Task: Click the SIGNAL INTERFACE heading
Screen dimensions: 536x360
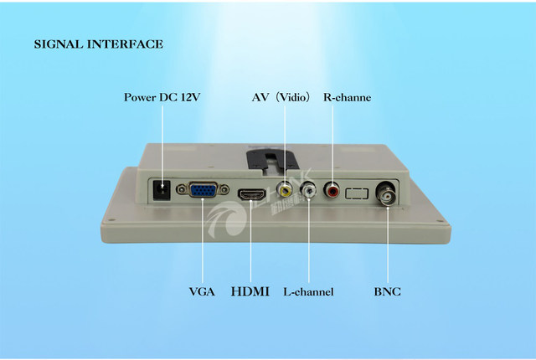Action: click(x=99, y=44)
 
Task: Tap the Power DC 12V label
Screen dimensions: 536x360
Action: click(x=162, y=97)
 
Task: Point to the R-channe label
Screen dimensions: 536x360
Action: click(x=347, y=97)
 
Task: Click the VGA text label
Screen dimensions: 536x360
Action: click(x=202, y=292)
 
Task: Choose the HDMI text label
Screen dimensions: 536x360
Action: click(x=250, y=292)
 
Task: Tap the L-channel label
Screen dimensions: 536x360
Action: click(x=308, y=292)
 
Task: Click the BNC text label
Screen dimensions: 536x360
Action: click(x=387, y=292)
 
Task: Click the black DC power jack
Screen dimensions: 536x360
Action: click(x=164, y=193)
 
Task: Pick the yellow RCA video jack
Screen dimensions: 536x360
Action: click(x=286, y=190)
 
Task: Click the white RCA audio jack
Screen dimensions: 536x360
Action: click(x=310, y=192)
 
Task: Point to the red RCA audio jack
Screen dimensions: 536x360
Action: click(x=333, y=191)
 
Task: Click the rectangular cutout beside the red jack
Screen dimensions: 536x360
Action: click(x=357, y=193)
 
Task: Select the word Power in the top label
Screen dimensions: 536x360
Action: click(x=139, y=97)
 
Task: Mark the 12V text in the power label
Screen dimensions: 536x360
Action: click(x=189, y=97)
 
